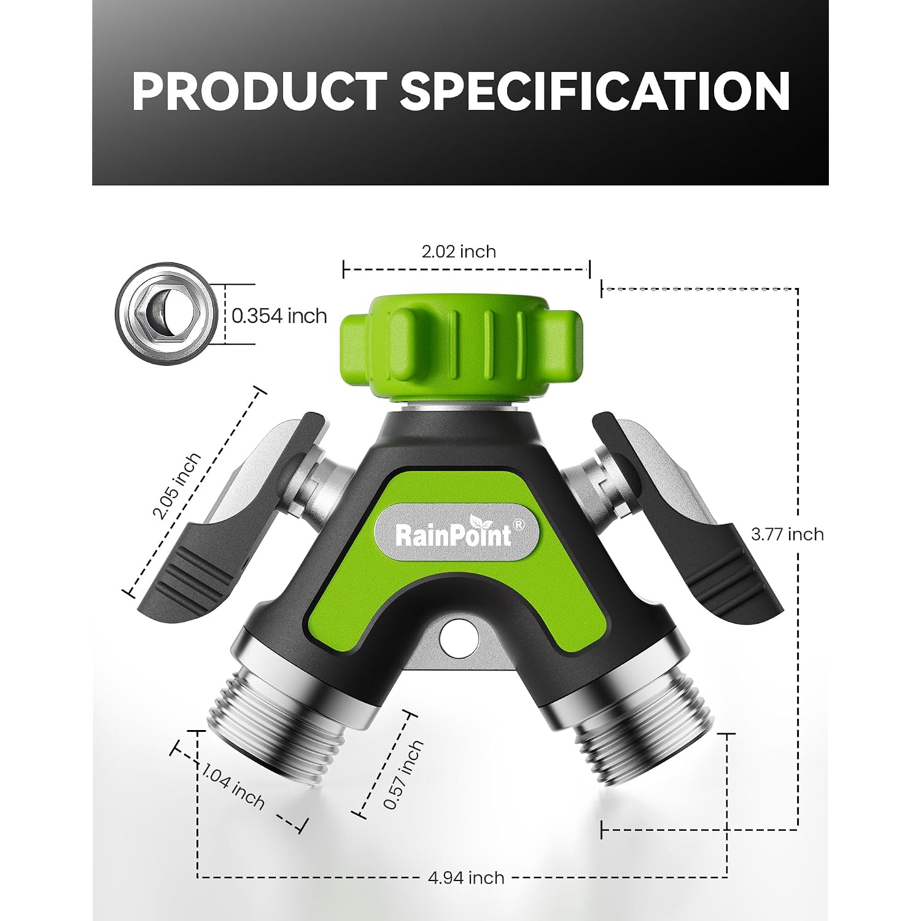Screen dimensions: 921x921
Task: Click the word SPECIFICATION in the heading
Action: (x=595, y=91)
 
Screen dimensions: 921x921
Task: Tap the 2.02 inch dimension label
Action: (x=459, y=252)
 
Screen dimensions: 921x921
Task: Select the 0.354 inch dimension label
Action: (x=279, y=316)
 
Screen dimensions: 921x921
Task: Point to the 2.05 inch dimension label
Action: (x=176, y=486)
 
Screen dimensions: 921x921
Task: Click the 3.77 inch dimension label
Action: (x=787, y=534)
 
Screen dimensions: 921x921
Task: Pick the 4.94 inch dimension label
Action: (x=466, y=878)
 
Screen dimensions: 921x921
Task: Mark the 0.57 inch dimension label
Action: (x=403, y=774)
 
